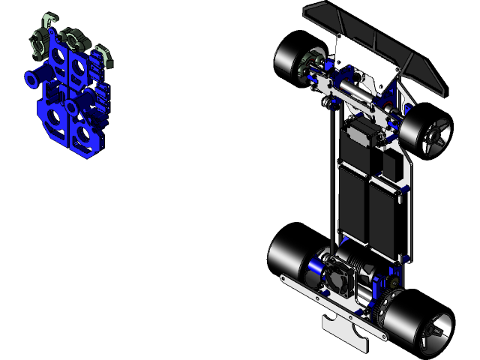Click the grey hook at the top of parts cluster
click(x=49, y=19)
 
